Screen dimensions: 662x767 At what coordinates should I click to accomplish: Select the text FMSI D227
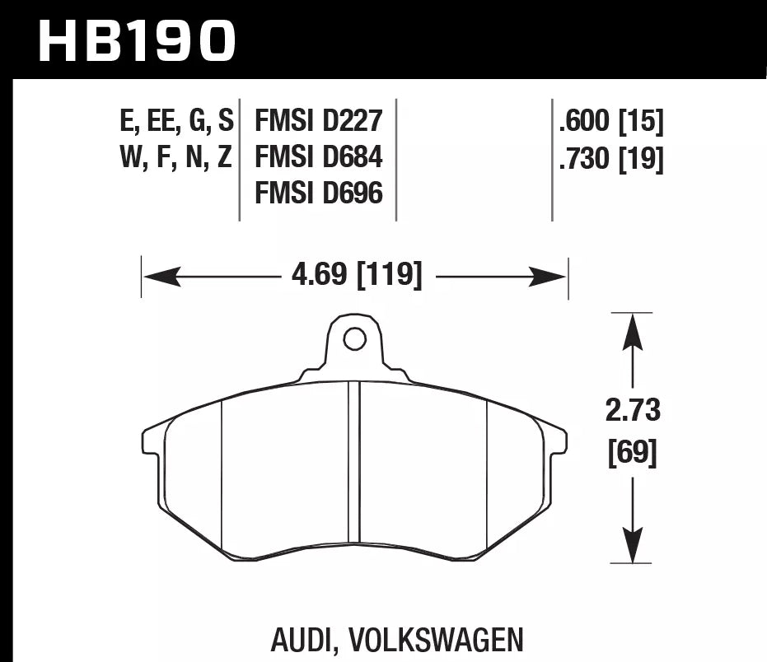319,122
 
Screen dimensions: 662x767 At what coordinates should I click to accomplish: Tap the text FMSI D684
319,157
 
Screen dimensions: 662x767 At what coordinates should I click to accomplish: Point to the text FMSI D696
319,193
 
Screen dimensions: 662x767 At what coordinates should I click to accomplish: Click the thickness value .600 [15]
610,122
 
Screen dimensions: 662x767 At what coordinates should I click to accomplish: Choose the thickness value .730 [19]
610,157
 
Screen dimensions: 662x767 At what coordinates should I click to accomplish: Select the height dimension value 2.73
632,409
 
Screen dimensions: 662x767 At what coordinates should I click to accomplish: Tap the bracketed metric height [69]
632,452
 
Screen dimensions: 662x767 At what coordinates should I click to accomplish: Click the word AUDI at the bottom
304,640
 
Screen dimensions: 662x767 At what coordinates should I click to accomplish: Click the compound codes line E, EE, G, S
177,122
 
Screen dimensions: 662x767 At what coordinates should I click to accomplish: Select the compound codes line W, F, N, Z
177,157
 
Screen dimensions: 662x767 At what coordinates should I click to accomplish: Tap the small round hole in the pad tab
354,338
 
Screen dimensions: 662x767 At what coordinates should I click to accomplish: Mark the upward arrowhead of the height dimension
632,329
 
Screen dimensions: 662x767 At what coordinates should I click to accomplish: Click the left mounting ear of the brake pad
152,440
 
